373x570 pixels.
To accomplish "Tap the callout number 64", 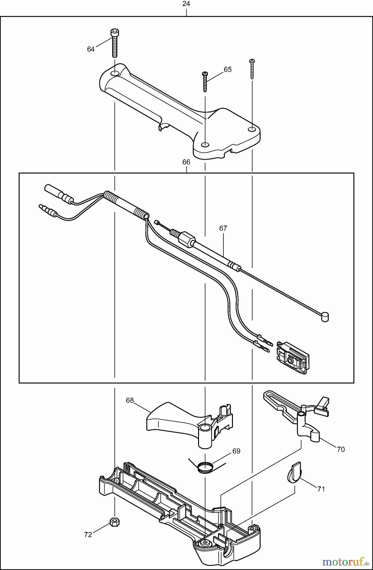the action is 91,49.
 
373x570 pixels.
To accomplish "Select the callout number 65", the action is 228,69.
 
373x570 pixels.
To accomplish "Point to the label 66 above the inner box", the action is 186,162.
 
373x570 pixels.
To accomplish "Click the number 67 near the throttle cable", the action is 223,228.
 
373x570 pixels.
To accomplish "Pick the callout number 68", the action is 130,400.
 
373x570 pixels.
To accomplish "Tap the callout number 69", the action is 236,451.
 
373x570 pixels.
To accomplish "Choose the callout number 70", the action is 341,449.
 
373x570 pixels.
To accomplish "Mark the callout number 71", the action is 321,489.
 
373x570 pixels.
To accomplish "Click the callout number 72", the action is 88,535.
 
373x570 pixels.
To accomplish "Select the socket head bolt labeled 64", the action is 114,43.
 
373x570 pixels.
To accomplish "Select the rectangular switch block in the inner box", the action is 292,358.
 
